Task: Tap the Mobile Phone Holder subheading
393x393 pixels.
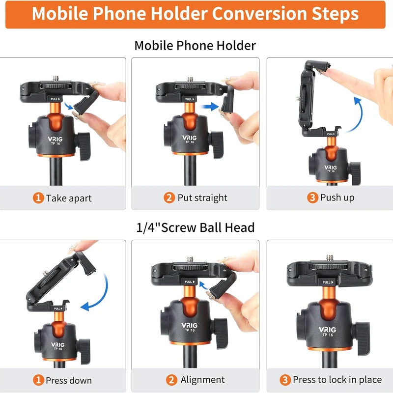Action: (195, 46)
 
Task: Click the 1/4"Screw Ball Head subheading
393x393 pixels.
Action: (195, 227)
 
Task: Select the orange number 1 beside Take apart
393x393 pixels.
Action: (38, 198)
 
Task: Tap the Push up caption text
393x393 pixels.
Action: (337, 198)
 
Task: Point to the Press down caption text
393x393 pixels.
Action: (68, 380)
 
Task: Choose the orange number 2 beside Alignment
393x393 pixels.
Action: (171, 380)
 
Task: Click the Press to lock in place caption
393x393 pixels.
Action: (337, 380)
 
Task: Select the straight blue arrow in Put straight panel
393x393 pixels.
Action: (210, 105)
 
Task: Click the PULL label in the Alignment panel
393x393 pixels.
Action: (189, 282)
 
